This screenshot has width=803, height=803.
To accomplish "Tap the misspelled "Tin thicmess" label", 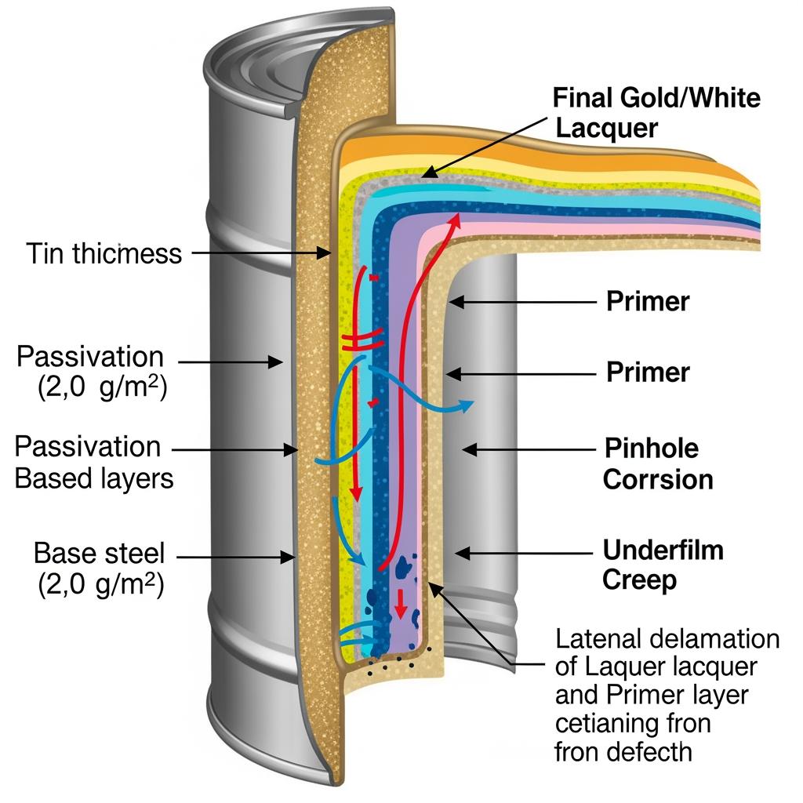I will [104, 253].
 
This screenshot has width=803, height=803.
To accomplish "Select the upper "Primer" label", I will [648, 301].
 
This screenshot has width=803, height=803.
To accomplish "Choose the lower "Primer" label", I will [648, 372].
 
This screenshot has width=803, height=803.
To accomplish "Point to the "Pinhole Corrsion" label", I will [657, 464].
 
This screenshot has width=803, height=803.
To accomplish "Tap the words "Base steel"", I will [100, 554].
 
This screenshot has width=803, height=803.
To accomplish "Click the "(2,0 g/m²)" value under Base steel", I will [100, 587].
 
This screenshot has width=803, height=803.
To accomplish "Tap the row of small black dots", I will [392, 665].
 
